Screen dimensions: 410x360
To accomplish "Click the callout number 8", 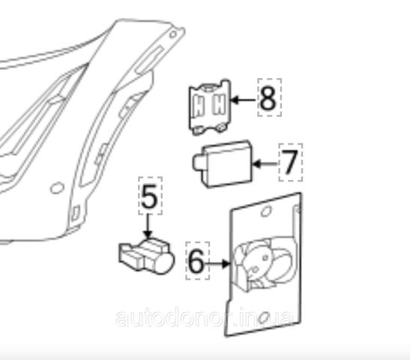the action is [268, 98].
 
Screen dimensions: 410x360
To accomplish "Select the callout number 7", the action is [289, 162].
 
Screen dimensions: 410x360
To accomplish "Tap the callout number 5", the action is [149, 196].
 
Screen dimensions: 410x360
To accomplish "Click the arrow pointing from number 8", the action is [243, 100].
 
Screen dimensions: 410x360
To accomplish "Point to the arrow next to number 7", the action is [265, 164].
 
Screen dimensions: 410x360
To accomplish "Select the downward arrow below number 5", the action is [148, 226].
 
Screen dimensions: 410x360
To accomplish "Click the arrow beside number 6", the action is [217, 264].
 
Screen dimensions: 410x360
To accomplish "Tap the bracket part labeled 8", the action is [210, 106].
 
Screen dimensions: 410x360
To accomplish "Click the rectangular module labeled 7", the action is [223, 163].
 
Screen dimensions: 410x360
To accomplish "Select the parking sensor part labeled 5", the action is [146, 256].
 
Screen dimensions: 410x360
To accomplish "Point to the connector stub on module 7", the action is [198, 163].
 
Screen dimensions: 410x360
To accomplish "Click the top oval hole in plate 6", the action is [266, 211].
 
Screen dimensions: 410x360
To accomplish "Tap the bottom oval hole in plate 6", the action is [263, 318].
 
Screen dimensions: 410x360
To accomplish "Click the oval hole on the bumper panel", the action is [57, 187].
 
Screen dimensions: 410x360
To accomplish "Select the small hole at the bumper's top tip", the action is [173, 34].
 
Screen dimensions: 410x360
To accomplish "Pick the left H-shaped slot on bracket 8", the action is [199, 106].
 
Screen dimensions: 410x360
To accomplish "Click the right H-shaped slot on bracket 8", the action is [219, 104].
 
